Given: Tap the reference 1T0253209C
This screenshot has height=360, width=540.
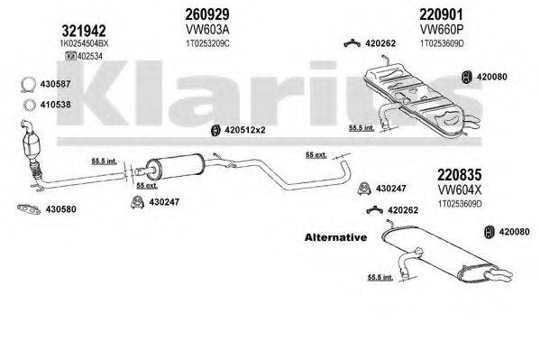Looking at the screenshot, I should pyautogui.click(x=200, y=42).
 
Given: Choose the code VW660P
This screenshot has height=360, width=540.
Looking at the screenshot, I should pyautogui.click(x=434, y=29).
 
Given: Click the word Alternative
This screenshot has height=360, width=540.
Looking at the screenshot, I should pyautogui.click(x=332, y=238).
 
